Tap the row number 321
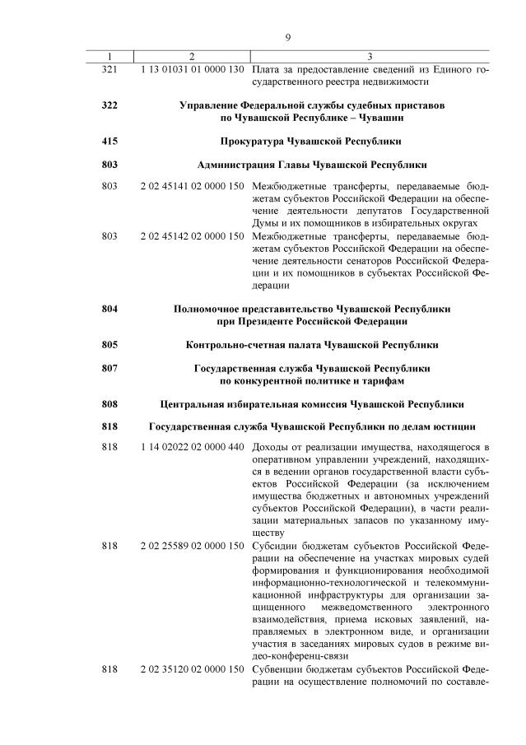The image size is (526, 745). coord(109,71)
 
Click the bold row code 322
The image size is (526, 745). coord(109,106)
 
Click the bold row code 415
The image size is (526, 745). coord(109,141)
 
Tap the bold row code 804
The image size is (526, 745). coord(109,309)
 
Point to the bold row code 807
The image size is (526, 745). coord(109,368)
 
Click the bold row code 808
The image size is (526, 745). coord(109,403)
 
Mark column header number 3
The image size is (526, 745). coord(370,57)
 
